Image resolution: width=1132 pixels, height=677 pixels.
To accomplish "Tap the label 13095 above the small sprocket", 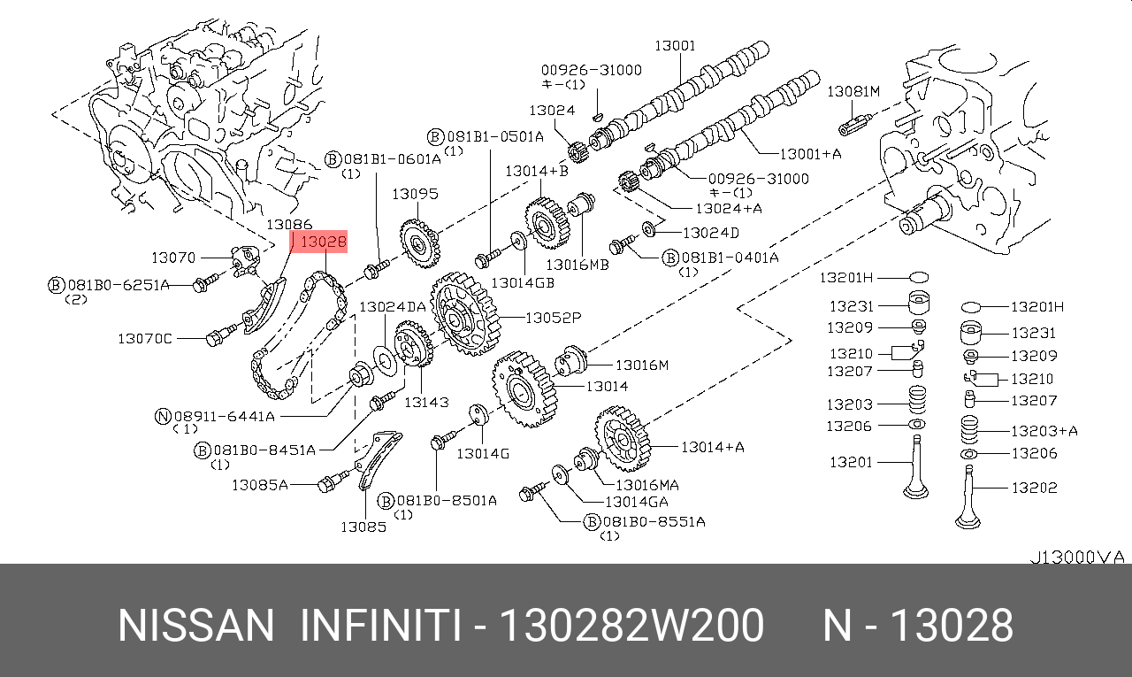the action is pos(415,194).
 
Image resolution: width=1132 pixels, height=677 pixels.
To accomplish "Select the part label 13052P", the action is pos(553,317).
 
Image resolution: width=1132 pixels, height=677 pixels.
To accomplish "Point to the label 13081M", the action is pos(853,91).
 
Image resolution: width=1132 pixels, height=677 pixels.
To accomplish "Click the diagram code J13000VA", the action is pos(1076,557).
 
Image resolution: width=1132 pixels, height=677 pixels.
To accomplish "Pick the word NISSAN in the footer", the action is pos(196,626).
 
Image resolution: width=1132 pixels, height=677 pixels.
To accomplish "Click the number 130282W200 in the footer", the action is pos(631,626).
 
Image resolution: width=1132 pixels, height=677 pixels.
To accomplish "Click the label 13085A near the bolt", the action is pos(260,484).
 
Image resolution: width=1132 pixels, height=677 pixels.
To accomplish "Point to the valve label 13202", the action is pos(1034,487).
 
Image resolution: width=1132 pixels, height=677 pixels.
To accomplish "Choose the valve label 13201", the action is pos(851,461).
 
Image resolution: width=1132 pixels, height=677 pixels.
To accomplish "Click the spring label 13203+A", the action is pos(1044,431).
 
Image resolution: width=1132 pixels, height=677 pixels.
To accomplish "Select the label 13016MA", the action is pos(647,484).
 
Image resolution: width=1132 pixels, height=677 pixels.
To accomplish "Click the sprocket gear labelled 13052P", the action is pos(463,313).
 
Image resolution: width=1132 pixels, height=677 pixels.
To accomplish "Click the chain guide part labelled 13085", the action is pos(377,461).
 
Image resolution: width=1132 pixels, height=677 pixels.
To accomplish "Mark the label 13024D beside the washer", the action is pos(710,232).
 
